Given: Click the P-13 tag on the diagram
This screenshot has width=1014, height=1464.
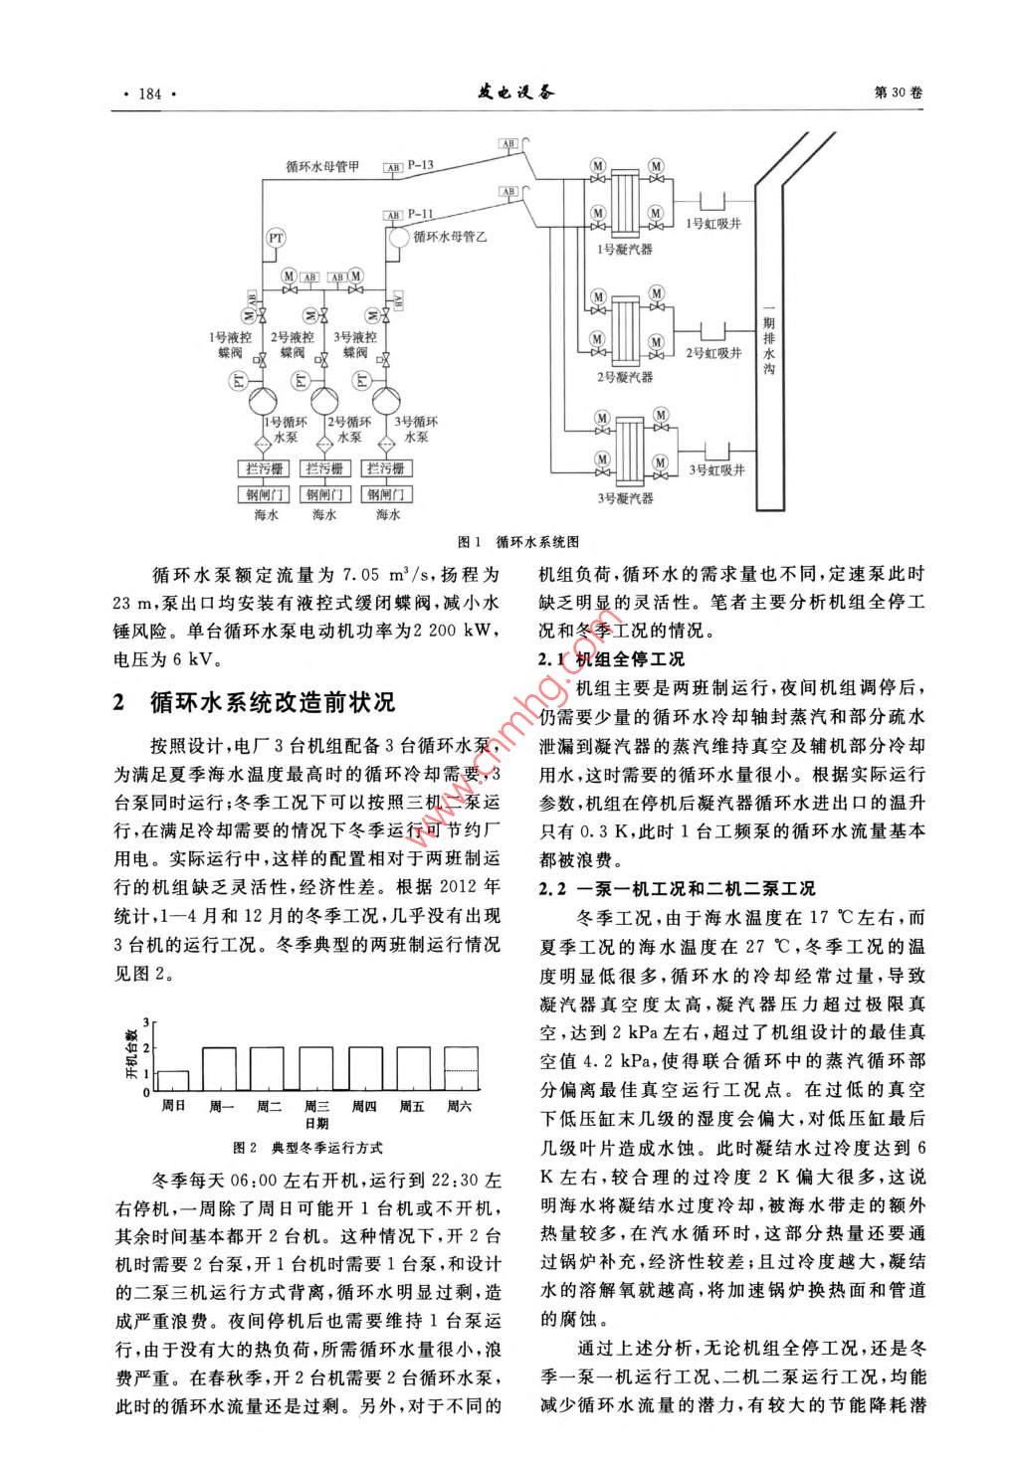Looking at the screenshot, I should [x=422, y=164].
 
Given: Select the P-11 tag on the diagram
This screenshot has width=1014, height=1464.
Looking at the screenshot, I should [x=422, y=213].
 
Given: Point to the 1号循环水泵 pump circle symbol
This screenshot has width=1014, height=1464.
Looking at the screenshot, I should [x=262, y=399].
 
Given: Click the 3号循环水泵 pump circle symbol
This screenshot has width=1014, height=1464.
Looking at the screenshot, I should [x=386, y=399].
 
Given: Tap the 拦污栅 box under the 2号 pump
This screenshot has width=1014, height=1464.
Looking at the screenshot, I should [x=324, y=468].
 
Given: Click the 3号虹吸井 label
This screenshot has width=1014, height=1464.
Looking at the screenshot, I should [x=716, y=470].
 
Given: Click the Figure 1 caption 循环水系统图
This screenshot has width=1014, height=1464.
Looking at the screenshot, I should [x=538, y=542].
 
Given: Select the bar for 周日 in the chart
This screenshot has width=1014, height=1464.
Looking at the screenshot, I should [x=172, y=1080].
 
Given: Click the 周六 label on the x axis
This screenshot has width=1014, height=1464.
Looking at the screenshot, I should [x=460, y=1106].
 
